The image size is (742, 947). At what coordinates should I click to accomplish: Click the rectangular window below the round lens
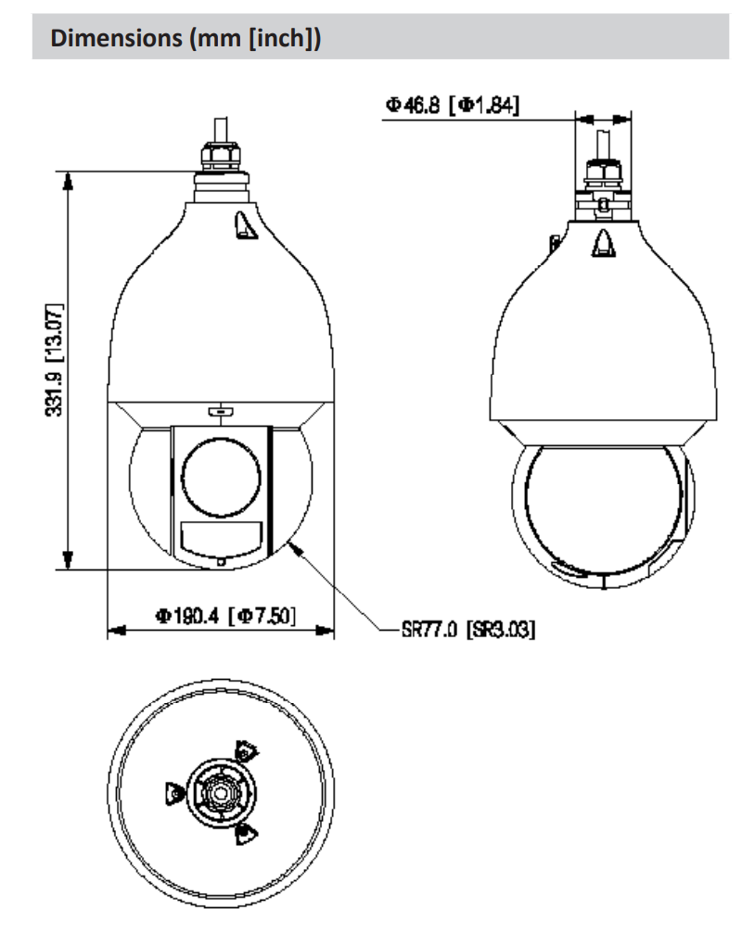click(x=219, y=539)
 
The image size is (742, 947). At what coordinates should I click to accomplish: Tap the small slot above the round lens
click(x=219, y=410)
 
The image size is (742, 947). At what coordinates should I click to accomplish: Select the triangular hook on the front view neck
click(x=244, y=225)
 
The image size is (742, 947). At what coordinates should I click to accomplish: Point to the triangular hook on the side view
click(x=602, y=244)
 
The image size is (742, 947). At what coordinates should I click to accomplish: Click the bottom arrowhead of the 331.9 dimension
click(x=66, y=560)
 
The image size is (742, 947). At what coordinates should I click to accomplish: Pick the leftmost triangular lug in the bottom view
click(x=173, y=794)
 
